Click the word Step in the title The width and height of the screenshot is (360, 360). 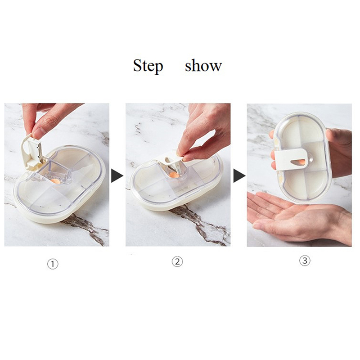click(148, 66)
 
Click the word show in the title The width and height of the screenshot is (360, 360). click(203, 66)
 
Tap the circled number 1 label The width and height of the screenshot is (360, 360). click(53, 264)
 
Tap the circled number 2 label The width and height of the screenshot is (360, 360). click(177, 261)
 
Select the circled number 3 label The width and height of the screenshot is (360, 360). click(305, 261)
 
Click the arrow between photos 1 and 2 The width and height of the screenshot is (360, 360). click(117, 176)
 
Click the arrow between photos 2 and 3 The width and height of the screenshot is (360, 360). click(239, 176)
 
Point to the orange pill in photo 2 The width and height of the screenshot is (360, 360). click(174, 175)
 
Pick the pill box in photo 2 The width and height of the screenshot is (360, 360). click(177, 181)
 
